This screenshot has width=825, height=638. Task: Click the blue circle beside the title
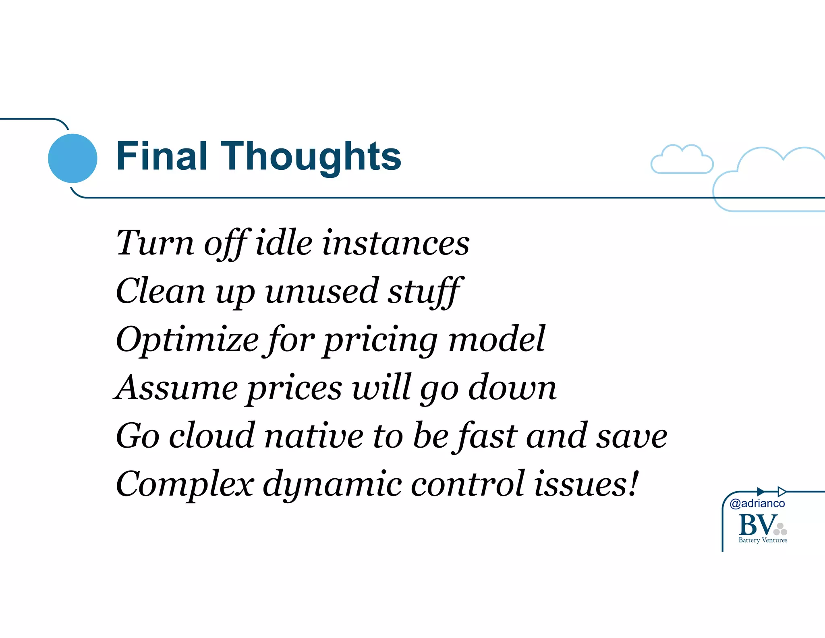pos(73,158)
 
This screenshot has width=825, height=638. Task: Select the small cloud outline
pos(682,160)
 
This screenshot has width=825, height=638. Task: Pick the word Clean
pos(160,291)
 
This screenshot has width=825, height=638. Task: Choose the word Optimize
pos(187,340)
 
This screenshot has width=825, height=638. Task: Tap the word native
pos(314,436)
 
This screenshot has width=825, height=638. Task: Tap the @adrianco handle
pos(757,503)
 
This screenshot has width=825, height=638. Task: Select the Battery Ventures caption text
pos(763,540)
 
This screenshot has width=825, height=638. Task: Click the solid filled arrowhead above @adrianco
pos(761,492)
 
